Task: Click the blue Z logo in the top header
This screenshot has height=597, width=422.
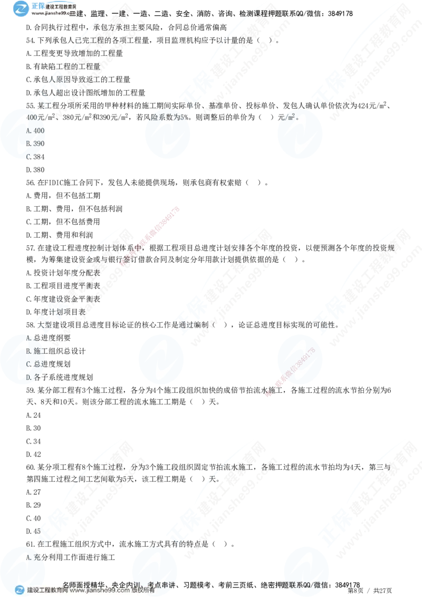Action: coord(21,9)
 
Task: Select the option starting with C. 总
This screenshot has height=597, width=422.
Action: coord(34,364)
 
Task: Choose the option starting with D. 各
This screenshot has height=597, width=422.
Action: coord(34,377)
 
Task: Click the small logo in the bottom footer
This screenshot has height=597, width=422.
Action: coord(20,590)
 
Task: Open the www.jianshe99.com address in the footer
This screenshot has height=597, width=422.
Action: coord(100,591)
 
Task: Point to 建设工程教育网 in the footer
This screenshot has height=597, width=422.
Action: coord(47,591)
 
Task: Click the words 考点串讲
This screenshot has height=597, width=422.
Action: coord(161,584)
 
